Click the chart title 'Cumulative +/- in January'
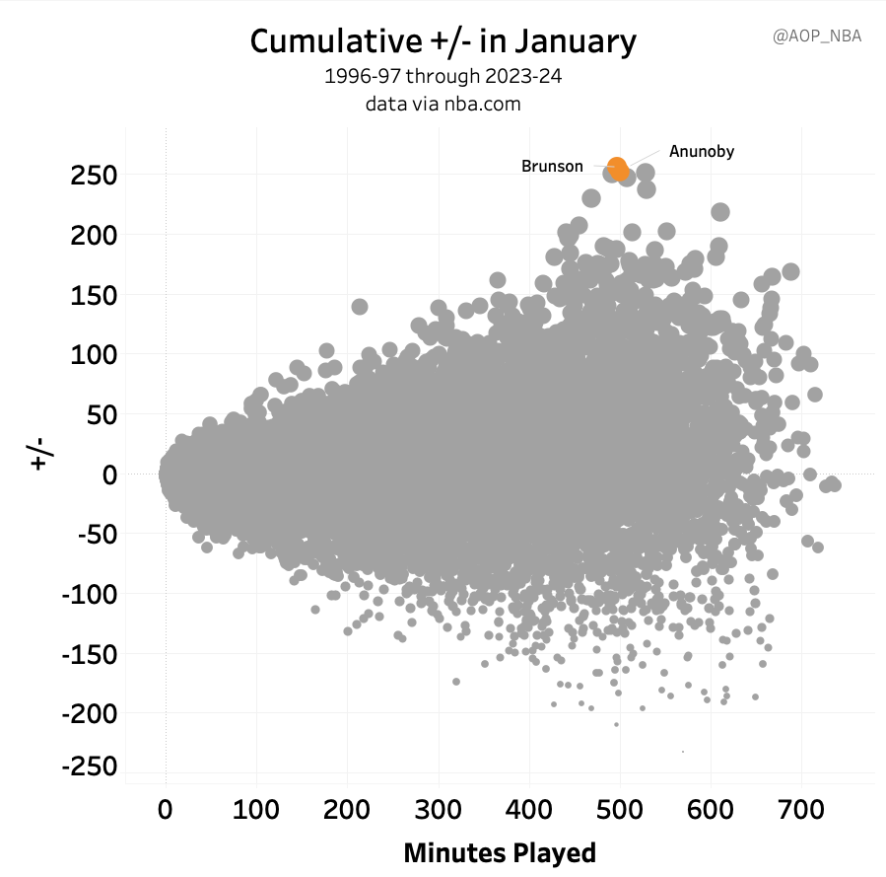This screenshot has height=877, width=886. pos(443,41)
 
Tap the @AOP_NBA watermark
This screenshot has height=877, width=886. pos(816,37)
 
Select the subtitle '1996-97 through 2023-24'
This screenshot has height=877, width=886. pos(443,76)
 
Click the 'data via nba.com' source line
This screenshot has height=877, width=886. pos(443,104)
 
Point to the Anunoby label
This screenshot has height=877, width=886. pos(702,152)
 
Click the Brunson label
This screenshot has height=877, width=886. pos(552,167)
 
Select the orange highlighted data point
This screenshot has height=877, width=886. pos(618,169)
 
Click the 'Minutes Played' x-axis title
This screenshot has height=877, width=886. pos(500,852)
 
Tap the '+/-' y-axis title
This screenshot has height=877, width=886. pos(40,454)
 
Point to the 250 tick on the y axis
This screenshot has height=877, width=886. pos(94,176)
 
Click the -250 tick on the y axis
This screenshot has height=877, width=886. pos(90,767)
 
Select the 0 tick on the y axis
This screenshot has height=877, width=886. pos(109,475)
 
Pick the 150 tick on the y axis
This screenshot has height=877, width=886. pos(94,295)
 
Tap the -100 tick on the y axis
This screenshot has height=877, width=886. pos(90,595)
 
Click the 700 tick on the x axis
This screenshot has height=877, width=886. pos(801,810)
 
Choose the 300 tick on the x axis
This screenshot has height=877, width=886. pos(438,810)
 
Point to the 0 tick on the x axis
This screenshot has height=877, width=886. pos(165,810)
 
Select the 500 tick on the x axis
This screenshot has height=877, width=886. pos(619,810)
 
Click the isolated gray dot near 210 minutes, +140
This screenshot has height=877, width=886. pos(360,307)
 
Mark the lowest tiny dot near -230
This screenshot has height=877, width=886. pos(683,752)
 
